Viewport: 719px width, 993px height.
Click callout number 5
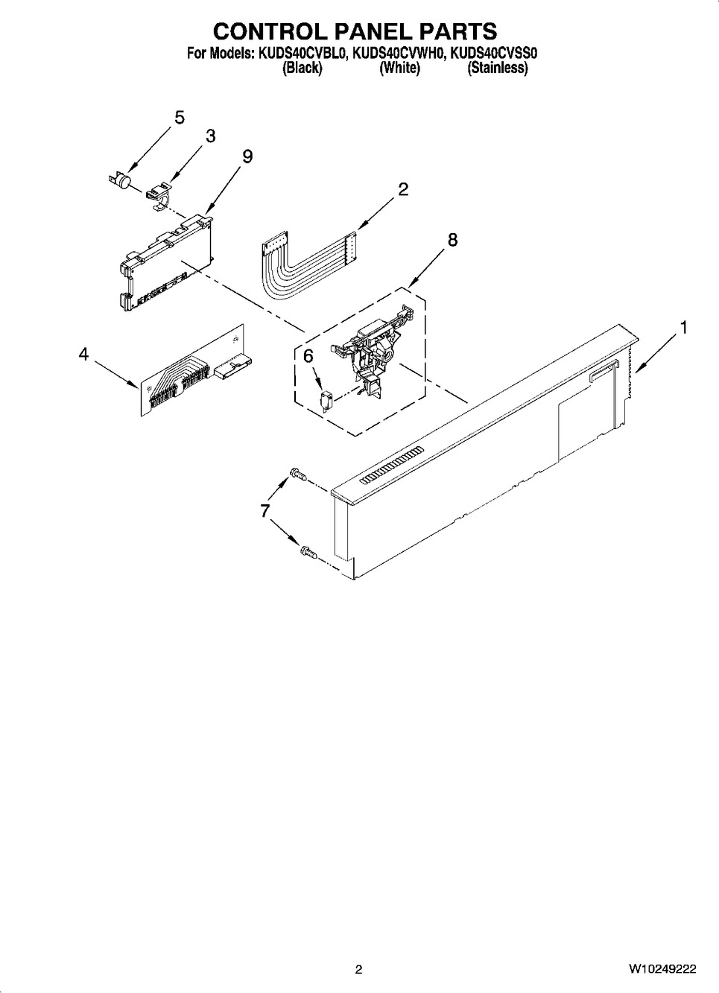click(179, 118)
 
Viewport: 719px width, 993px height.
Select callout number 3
click(211, 136)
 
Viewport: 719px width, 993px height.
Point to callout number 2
click(403, 189)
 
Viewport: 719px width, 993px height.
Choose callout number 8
click(452, 240)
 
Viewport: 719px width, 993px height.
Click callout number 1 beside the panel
click(684, 328)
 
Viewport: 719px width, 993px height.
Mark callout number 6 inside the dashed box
click(308, 355)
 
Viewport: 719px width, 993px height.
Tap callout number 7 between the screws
click(265, 511)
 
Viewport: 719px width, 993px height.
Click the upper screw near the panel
click(298, 475)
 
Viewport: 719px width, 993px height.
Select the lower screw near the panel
click(309, 551)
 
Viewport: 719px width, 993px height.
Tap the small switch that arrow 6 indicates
click(326, 402)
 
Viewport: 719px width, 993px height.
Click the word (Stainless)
click(498, 68)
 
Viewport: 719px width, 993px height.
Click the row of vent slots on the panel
click(391, 465)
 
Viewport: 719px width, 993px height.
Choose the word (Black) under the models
click(303, 68)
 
